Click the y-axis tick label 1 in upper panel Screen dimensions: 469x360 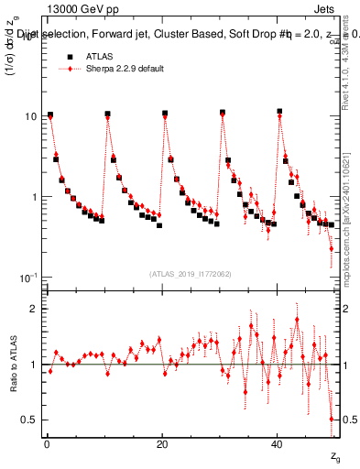[35, 197]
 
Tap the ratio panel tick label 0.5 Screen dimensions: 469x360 [30, 420]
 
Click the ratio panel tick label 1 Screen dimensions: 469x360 [35, 365]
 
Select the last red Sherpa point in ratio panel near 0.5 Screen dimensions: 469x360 [332, 419]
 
